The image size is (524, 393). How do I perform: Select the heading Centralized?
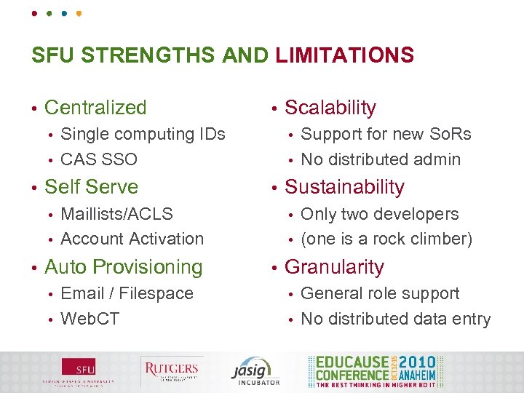(x=95, y=108)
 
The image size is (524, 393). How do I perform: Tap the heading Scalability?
(x=330, y=108)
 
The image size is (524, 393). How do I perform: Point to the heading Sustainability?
(x=344, y=187)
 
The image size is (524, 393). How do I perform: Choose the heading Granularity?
(x=334, y=267)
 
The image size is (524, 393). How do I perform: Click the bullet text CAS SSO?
(x=99, y=159)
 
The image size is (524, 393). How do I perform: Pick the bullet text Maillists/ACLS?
(x=117, y=214)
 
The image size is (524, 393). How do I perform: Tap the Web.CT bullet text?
(x=90, y=319)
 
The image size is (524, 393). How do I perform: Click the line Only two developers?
(x=380, y=214)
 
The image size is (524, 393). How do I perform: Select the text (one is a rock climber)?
(x=386, y=239)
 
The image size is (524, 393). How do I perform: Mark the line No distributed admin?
(x=381, y=159)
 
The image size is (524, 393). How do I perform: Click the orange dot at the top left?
(x=79, y=13)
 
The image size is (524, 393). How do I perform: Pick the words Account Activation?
(x=132, y=239)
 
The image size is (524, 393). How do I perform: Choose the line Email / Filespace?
(x=127, y=294)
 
